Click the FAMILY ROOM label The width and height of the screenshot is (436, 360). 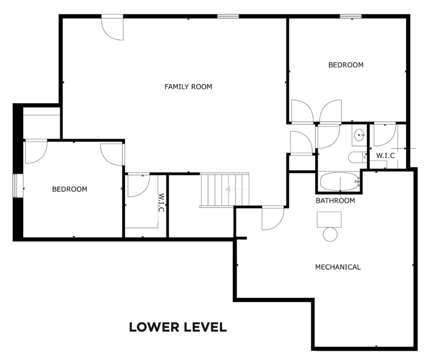(x=188, y=87)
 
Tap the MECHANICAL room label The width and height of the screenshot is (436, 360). (x=338, y=267)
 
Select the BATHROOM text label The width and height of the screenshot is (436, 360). (x=335, y=201)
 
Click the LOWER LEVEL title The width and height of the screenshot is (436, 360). (x=178, y=327)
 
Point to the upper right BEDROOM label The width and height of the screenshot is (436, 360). (x=346, y=65)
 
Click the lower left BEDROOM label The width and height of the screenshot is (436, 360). (x=70, y=189)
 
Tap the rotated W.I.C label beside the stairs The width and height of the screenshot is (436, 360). (x=161, y=202)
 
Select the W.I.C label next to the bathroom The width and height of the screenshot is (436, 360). (x=386, y=156)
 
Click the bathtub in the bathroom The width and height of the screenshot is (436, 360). (x=340, y=181)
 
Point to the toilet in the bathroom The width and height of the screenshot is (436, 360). (x=358, y=158)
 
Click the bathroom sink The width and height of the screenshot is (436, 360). (x=360, y=135)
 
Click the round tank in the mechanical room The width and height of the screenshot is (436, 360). (x=330, y=235)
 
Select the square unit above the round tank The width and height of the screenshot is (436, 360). (x=329, y=219)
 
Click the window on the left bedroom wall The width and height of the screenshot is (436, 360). (x=18, y=185)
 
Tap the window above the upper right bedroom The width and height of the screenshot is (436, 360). (x=351, y=16)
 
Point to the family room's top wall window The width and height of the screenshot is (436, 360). (x=228, y=16)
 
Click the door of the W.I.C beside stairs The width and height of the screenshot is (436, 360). (x=139, y=185)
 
